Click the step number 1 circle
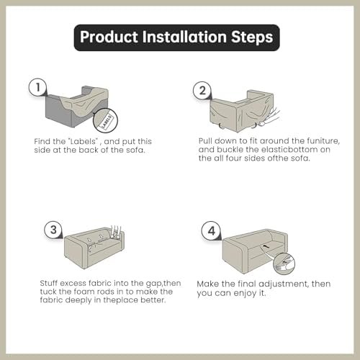(37, 87)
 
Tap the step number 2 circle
(202, 91)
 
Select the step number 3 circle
(53, 230)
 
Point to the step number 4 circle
(211, 230)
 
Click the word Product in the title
(109, 37)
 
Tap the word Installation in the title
(184, 37)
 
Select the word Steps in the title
(252, 37)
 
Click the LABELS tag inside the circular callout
(106, 121)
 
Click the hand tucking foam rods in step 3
(116, 231)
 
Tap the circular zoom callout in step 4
(284, 264)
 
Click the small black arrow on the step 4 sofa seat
(264, 246)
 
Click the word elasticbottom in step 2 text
(289, 149)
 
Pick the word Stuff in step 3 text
(48, 283)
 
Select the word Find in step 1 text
(42, 141)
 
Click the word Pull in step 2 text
(205, 140)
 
